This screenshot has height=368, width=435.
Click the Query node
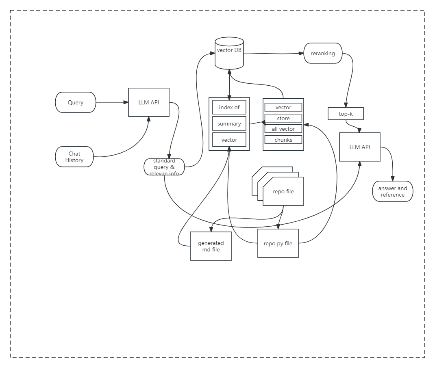click(x=76, y=102)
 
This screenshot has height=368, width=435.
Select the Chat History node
click(x=74, y=157)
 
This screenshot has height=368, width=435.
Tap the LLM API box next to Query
click(x=148, y=102)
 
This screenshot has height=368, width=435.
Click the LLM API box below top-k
click(x=360, y=147)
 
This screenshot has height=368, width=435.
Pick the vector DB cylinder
click(x=229, y=53)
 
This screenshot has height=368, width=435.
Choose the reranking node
click(x=323, y=53)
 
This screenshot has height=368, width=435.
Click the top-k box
click(x=346, y=114)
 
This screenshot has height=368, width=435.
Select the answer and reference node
click(x=392, y=191)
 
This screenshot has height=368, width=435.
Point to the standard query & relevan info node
click(x=164, y=167)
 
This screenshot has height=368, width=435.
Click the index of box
click(x=229, y=107)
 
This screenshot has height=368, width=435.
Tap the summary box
click(x=229, y=123)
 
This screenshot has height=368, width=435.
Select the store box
click(x=283, y=118)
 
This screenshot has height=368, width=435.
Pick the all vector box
click(x=283, y=129)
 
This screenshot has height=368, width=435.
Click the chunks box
click(x=283, y=140)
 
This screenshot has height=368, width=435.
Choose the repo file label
click(x=283, y=191)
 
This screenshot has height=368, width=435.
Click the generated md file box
click(x=211, y=246)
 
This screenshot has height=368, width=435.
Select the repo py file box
click(x=278, y=243)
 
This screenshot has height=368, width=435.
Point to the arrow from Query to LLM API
click(x=112, y=102)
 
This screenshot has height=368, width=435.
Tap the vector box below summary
click(x=229, y=140)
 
